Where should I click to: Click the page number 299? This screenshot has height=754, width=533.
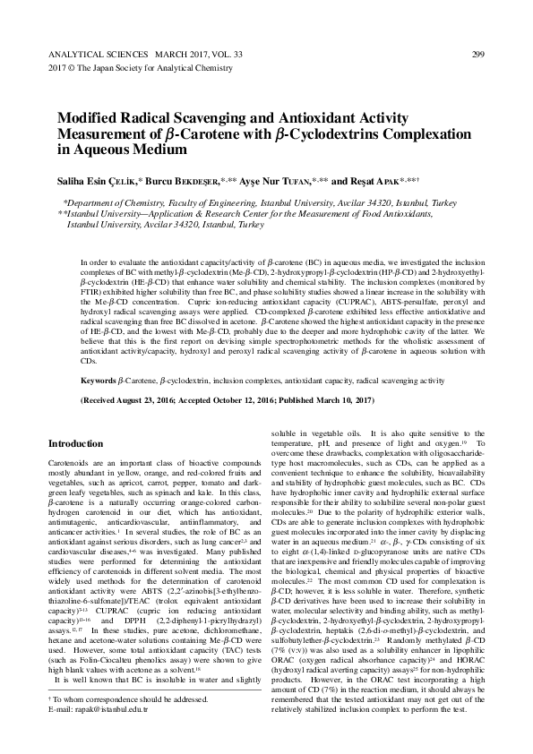pos(477,55)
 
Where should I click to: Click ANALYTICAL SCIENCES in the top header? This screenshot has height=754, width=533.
pos(88,55)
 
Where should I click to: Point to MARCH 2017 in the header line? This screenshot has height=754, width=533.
pos(171,55)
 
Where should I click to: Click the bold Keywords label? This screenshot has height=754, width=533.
pos(98,380)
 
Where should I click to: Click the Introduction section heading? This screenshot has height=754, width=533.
pos(76,443)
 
